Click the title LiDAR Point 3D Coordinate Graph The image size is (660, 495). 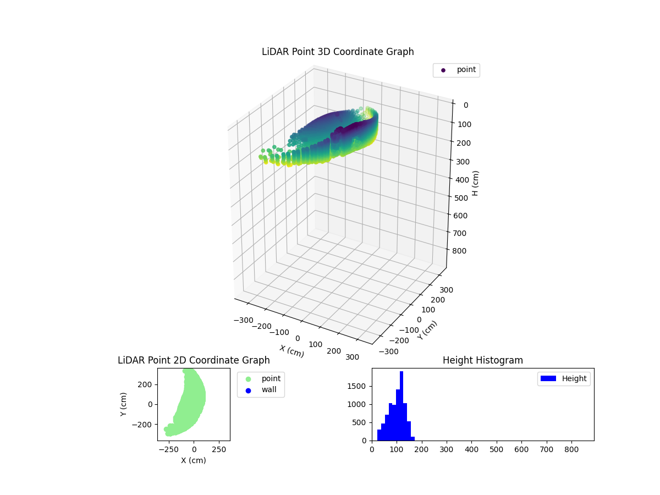click(x=338, y=52)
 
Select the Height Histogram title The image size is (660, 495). click(x=482, y=360)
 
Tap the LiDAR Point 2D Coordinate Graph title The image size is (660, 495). click(x=194, y=360)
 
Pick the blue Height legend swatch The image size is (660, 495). click(x=548, y=378)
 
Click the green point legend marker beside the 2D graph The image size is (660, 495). click(x=248, y=379)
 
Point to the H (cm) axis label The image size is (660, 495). click(x=476, y=183)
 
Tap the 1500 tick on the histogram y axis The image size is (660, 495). click(x=358, y=386)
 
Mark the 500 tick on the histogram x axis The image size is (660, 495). click(x=497, y=449)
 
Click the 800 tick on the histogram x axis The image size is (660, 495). click(x=571, y=449)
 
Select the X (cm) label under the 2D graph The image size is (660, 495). click(x=194, y=460)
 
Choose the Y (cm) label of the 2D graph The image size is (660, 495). click(x=124, y=404)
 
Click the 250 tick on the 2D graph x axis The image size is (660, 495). click(x=219, y=449)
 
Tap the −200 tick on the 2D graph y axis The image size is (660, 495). click(x=144, y=425)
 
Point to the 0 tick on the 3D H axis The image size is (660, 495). click(x=465, y=106)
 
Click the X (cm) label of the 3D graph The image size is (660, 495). click(x=291, y=351)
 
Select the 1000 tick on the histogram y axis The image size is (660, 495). click(x=358, y=404)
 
